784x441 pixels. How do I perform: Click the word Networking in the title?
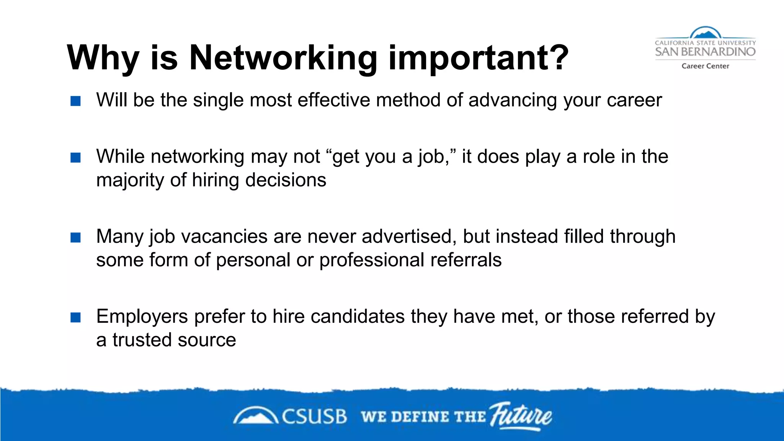(x=283, y=58)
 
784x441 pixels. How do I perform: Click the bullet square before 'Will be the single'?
(x=76, y=101)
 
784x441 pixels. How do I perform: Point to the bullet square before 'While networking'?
(x=76, y=158)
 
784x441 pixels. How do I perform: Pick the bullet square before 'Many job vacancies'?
(x=76, y=238)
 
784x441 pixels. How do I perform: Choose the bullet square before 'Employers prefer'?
(x=76, y=317)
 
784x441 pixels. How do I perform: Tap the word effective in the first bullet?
(x=333, y=100)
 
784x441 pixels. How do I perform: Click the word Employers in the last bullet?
(x=142, y=317)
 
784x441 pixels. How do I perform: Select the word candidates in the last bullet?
(x=358, y=317)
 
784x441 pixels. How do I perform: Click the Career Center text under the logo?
(x=705, y=66)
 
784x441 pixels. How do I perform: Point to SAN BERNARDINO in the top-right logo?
(x=705, y=52)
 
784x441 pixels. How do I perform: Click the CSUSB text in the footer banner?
(x=314, y=416)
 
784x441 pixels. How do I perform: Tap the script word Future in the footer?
(x=521, y=415)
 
